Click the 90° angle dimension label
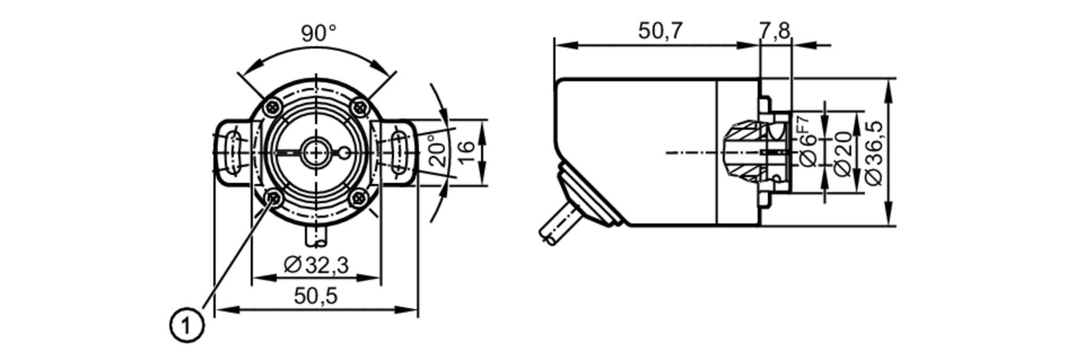tap(318, 33)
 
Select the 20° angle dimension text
tap(438, 151)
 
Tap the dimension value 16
tap(466, 153)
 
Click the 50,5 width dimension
tap(316, 296)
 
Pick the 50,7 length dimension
tap(660, 31)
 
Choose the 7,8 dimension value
tap(775, 31)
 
